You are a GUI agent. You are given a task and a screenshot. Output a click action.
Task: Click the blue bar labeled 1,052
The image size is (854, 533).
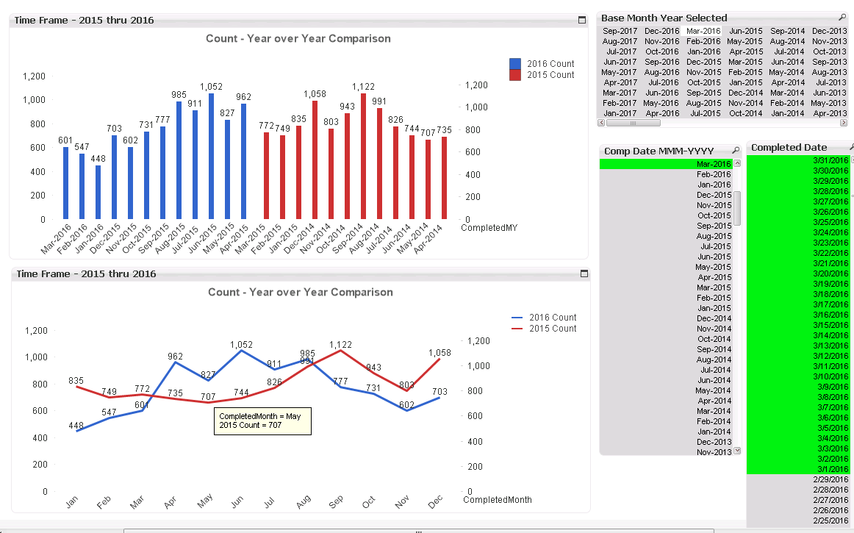(212, 156)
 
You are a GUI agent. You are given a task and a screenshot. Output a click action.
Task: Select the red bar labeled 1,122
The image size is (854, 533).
(363, 156)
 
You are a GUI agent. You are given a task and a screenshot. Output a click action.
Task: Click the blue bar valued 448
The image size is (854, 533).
(98, 192)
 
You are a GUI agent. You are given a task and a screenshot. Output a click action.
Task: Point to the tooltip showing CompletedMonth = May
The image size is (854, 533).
(262, 421)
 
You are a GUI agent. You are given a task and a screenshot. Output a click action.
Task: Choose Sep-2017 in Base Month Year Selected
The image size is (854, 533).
(620, 31)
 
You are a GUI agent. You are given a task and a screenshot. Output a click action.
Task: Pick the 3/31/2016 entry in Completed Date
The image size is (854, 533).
(830, 160)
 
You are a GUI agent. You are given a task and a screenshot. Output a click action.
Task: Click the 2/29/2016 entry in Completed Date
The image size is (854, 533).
(830, 479)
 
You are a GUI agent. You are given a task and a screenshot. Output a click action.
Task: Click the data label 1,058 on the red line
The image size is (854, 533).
(439, 353)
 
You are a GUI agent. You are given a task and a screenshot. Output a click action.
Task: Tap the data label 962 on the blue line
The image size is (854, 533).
(175, 357)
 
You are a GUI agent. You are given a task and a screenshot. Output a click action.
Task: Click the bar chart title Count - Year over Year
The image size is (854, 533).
(298, 38)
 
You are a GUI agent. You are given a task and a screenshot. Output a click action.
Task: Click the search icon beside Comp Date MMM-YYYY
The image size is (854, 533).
(736, 151)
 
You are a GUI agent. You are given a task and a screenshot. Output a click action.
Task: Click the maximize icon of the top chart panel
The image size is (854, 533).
(582, 20)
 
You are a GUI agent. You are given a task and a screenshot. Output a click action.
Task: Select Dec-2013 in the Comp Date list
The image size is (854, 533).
(714, 442)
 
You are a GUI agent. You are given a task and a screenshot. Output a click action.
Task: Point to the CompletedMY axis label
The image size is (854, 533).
(489, 228)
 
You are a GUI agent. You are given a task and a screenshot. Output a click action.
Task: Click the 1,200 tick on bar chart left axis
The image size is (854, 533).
(34, 76)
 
